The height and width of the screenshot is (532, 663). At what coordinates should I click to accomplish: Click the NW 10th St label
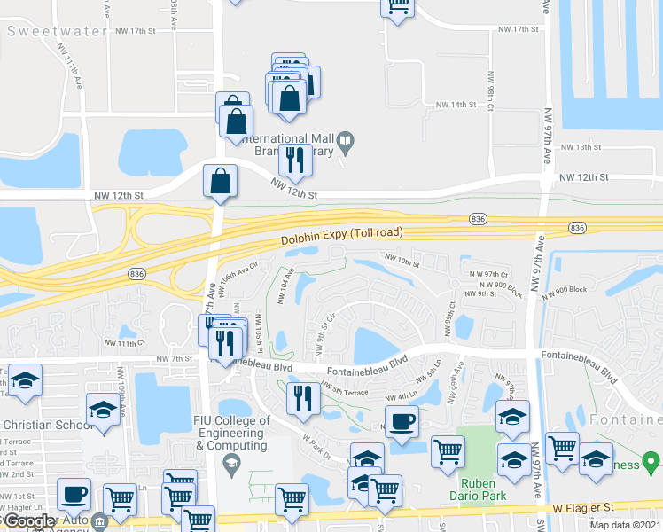(402, 261)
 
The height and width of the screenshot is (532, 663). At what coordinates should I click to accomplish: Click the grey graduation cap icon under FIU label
(231, 462)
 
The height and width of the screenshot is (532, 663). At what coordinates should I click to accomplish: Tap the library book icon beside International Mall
(346, 140)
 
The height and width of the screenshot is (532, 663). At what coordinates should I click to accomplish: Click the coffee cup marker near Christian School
(74, 494)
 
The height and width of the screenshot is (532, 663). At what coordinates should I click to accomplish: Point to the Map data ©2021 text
(625, 525)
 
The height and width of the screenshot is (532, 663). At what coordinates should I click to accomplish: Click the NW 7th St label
(174, 358)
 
